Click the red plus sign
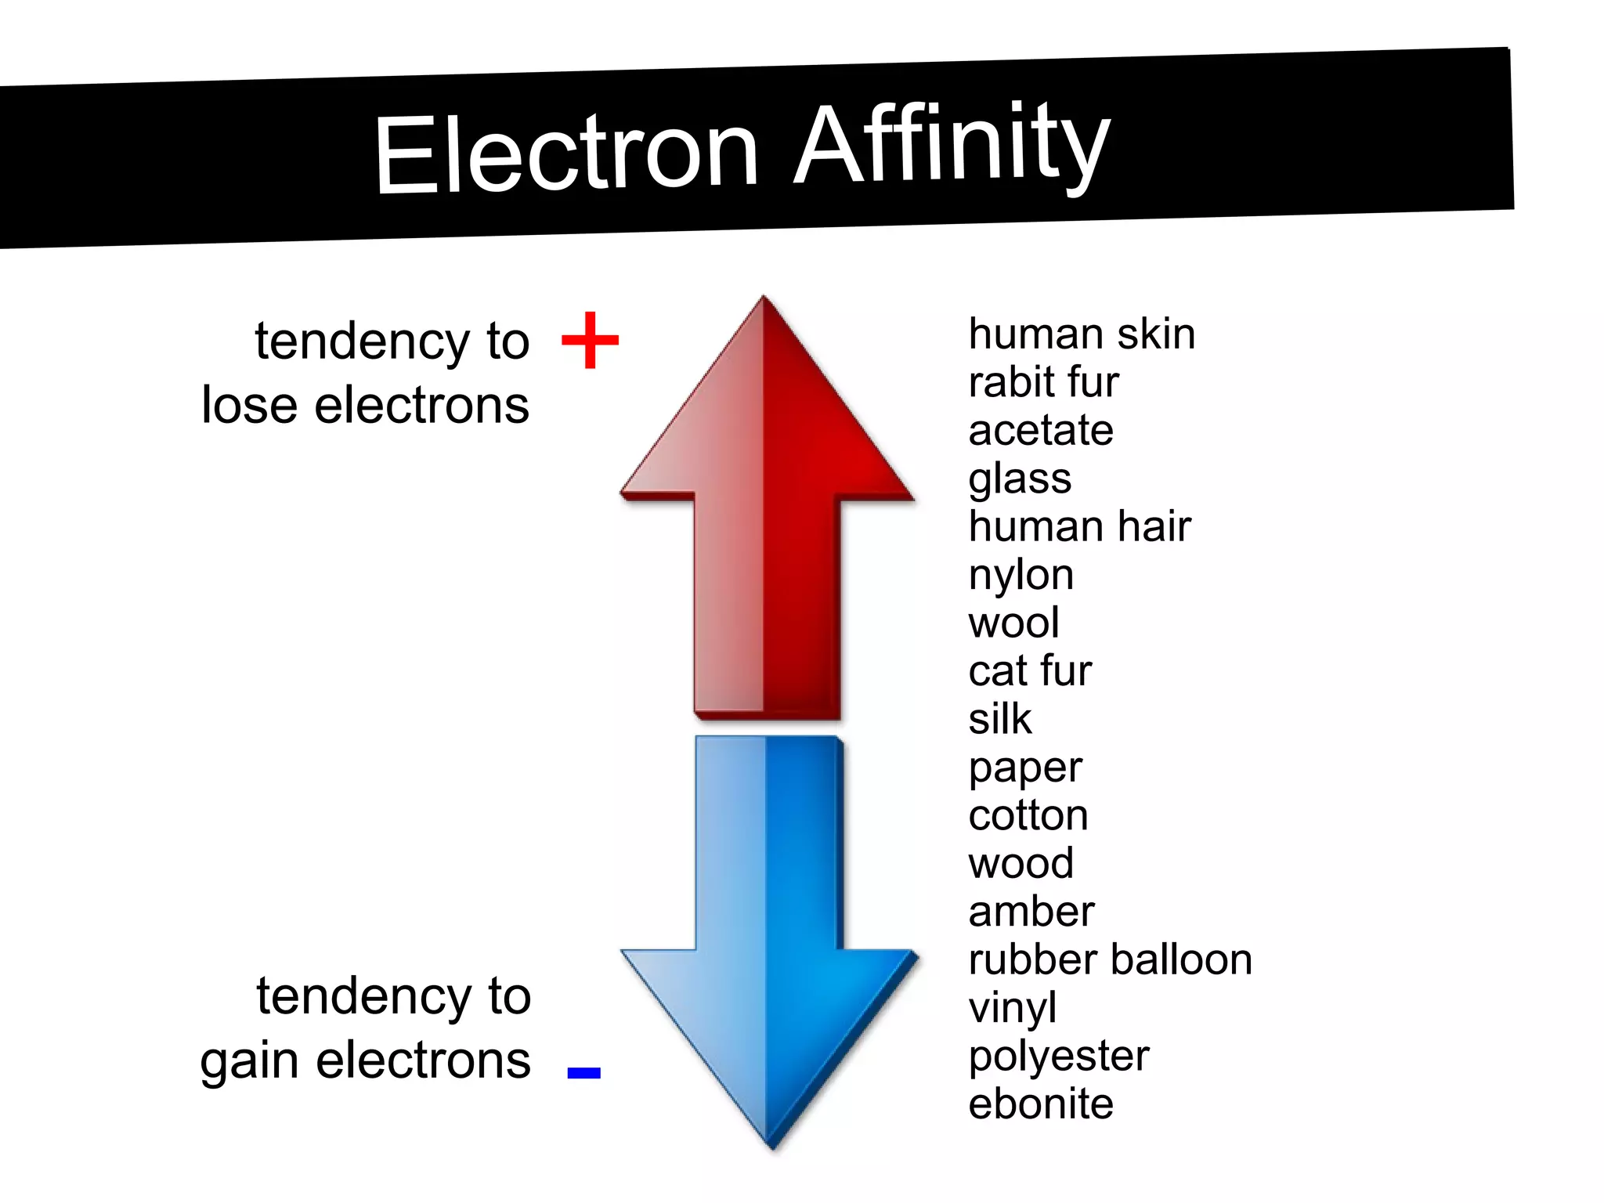(x=591, y=340)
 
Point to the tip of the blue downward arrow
(x=772, y=1145)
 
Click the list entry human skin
(x=1082, y=334)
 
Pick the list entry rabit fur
(x=1043, y=382)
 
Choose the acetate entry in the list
(x=1040, y=431)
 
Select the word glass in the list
(x=1020, y=479)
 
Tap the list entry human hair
(x=1079, y=526)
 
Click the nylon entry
(x=1021, y=576)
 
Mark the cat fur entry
(x=1029, y=671)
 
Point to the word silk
(x=999, y=719)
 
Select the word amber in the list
(x=1031, y=912)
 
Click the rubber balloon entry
(x=1110, y=960)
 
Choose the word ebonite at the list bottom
(x=1040, y=1104)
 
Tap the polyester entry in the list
(x=1058, y=1057)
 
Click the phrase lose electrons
(x=365, y=406)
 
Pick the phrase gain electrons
(x=365, y=1062)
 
